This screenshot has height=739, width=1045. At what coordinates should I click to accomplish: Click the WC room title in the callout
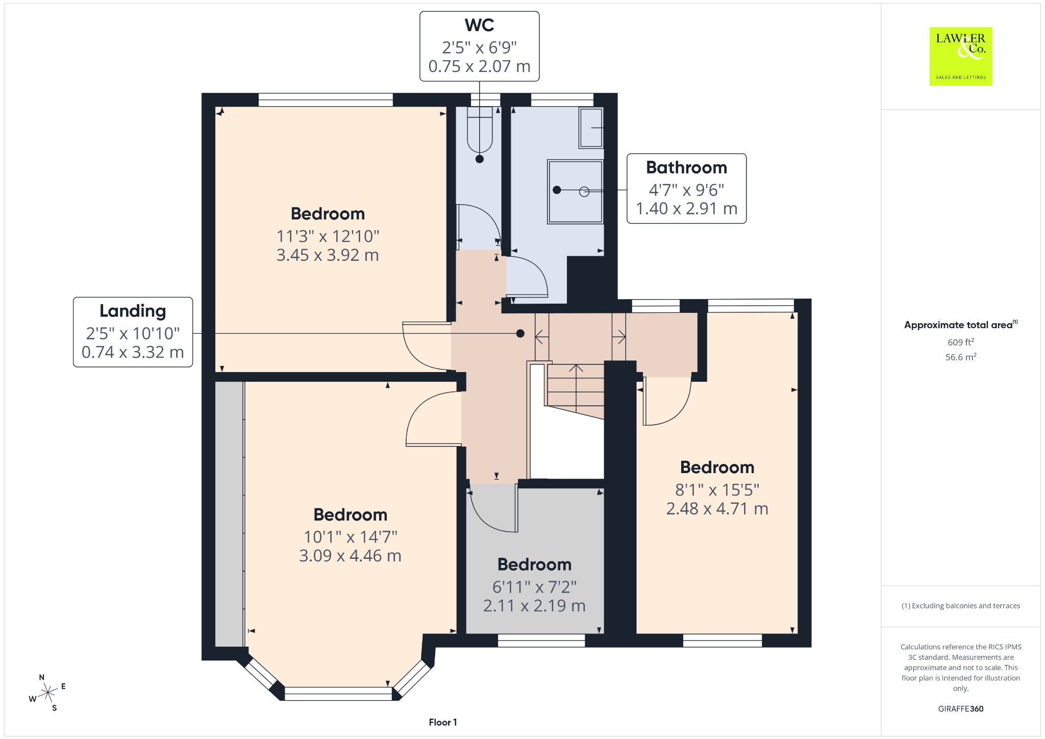479,25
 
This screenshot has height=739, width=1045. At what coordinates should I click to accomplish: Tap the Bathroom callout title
686,167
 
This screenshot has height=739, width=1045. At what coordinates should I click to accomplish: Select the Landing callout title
133,311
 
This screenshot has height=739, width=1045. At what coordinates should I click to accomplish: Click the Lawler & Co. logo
961,56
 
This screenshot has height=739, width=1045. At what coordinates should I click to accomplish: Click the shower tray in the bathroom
576,191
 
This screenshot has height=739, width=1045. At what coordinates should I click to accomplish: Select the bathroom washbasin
591,128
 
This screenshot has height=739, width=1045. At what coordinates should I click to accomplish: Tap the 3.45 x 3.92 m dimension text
328,255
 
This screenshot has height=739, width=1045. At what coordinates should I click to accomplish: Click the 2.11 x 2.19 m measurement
534,606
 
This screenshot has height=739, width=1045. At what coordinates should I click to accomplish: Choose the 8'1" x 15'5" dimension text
717,490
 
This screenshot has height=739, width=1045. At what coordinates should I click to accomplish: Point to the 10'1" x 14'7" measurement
350,537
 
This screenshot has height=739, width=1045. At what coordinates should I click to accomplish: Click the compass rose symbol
47,693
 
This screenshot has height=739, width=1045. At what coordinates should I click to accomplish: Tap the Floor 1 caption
443,722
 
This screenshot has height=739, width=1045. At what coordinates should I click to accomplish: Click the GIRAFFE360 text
961,708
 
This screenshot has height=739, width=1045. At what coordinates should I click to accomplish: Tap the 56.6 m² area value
961,357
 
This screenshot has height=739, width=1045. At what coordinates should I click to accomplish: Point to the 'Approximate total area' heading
958,325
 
